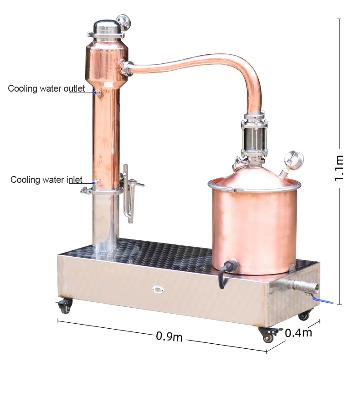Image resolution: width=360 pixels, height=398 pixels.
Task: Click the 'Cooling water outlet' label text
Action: (x=46, y=88)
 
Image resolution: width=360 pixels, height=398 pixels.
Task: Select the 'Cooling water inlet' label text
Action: (x=46, y=180)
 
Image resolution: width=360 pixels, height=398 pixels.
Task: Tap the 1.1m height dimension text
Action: (x=340, y=168)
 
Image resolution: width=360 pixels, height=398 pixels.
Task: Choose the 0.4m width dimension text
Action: (x=298, y=333)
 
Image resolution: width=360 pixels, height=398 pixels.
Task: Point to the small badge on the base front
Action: (x=158, y=289)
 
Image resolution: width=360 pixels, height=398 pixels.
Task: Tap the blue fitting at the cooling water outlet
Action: (x=96, y=93)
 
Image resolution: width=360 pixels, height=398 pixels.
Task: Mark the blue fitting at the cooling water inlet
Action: (x=95, y=183)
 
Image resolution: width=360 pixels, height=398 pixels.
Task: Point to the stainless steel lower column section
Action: (x=105, y=221)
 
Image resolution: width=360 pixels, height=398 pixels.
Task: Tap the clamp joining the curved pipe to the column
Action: (x=126, y=67)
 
